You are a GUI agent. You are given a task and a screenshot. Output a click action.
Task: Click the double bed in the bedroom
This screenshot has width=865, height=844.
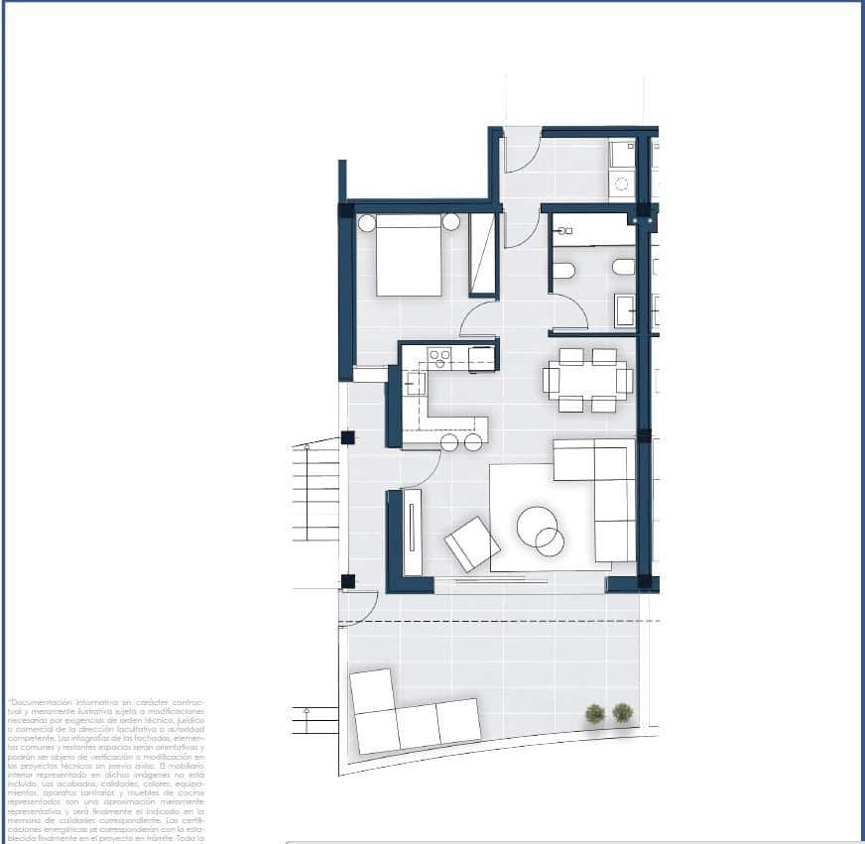point(409,256)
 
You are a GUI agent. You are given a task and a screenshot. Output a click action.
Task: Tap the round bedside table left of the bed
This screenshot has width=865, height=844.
point(366,223)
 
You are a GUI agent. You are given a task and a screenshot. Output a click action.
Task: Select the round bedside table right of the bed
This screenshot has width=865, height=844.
point(451,222)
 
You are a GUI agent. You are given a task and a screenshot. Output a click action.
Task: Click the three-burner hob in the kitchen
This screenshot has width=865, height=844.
point(438,355)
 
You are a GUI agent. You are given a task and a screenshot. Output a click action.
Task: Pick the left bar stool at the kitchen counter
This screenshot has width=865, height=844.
point(449,442)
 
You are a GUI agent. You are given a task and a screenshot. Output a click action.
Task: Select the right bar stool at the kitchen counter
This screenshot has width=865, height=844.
point(474,442)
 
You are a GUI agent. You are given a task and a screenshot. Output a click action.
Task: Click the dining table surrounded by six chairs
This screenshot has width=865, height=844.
point(587,380)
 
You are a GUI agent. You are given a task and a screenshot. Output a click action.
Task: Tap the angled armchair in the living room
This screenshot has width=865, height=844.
point(472,543)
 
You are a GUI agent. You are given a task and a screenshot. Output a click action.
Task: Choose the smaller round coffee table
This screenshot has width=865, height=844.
point(550,542)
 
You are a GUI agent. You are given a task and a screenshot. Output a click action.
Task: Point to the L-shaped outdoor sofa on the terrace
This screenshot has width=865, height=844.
point(407,714)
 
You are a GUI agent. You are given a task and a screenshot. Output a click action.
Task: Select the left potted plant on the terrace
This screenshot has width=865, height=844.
point(594,713)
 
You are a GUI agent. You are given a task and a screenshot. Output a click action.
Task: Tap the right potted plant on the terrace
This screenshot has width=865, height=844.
point(622,712)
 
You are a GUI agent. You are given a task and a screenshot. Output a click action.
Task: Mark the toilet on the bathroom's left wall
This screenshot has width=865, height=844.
point(562,271)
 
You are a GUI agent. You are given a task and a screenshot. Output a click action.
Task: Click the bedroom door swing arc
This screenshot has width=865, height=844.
point(478,319)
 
